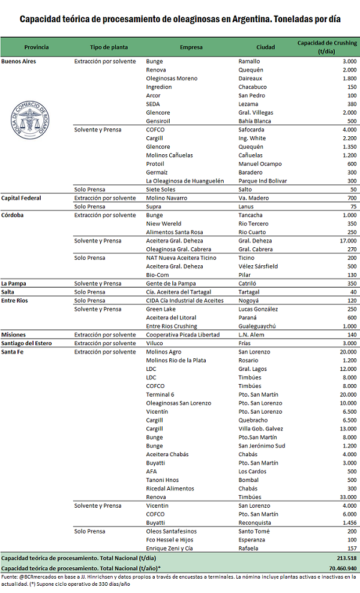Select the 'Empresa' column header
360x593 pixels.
coord(191,47)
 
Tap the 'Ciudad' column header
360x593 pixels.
coord(266,47)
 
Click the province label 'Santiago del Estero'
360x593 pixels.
coord(27,343)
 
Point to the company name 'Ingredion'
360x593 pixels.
coord(159,87)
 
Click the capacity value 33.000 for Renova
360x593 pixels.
coord(345,497)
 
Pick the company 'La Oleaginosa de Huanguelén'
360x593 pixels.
coord(185,181)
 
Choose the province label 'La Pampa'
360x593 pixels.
coord(14,283)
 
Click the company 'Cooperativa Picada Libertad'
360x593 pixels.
coord(183,335)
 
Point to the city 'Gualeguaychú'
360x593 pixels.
coord(259,326)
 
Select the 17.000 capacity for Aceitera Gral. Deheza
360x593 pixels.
coord(345,241)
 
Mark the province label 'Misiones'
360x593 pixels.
coord(13,335)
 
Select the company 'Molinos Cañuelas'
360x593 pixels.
coord(170,155)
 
